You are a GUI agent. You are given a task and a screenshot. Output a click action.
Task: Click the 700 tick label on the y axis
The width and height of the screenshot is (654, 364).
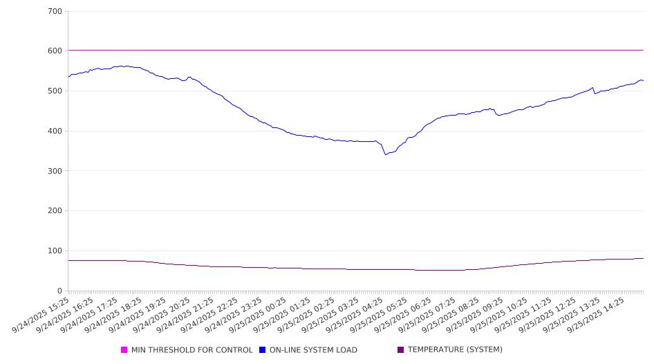[55, 12]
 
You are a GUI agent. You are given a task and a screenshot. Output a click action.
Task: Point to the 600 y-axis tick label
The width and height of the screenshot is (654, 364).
[55, 51]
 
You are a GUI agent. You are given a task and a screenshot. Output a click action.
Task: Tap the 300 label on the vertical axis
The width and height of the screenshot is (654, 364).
[55, 171]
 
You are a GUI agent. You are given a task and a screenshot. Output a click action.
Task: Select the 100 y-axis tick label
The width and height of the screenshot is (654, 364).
[55, 251]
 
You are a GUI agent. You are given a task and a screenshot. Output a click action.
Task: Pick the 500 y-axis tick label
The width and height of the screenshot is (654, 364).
[55, 91]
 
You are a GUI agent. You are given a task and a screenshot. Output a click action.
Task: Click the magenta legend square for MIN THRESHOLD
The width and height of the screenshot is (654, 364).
[124, 350]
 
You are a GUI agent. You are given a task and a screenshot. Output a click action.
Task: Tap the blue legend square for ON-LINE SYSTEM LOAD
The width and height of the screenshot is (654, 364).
[263, 350]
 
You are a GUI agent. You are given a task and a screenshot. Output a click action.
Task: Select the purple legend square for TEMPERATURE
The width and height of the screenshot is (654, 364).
[401, 350]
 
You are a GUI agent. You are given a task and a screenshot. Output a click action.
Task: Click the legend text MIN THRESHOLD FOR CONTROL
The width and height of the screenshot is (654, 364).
[191, 350]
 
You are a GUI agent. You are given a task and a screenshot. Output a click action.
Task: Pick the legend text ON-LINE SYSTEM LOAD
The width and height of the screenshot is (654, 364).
[313, 350]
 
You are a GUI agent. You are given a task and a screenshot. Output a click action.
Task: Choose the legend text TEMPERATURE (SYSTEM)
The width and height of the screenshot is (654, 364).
[455, 350]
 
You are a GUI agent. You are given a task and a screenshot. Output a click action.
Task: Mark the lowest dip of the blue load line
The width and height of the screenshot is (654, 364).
[386, 154]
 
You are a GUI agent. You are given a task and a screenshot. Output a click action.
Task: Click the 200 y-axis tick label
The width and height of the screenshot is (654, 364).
[55, 211]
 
